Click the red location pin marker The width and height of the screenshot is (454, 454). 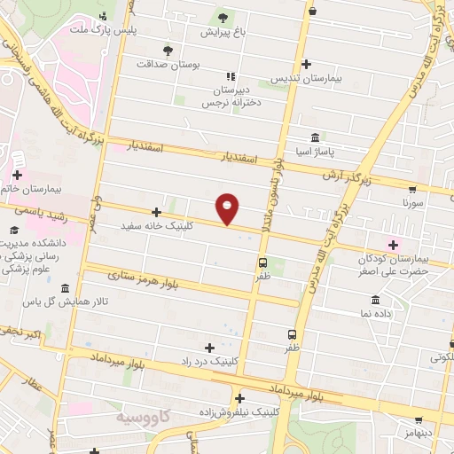[x=228, y=209]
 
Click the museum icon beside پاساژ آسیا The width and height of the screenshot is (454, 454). [x=316, y=137]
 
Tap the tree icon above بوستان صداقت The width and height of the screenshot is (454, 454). [x=167, y=49]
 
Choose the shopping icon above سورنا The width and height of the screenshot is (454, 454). [x=413, y=189]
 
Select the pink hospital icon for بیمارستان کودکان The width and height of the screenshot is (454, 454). [x=393, y=243]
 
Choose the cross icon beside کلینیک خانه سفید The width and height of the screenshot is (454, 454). [x=156, y=212]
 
